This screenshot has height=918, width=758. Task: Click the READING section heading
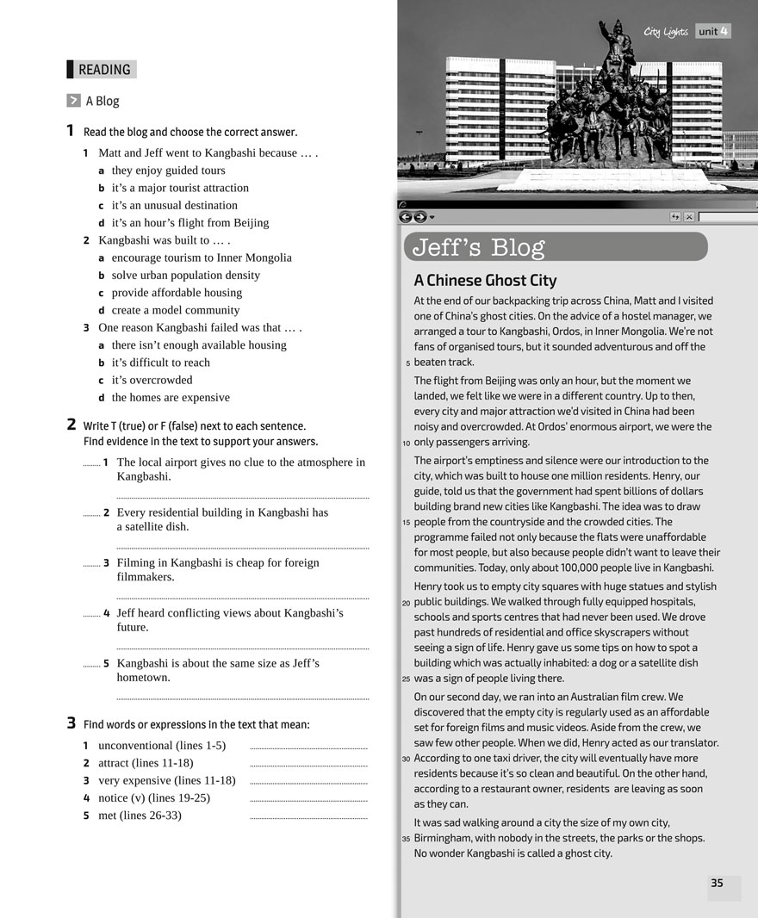pos(103,70)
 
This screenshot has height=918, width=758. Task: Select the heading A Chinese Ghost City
pos(485,280)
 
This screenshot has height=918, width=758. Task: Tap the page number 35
pos(717,883)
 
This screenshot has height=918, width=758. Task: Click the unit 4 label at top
pos(713,32)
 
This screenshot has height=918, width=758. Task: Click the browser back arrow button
pos(406,217)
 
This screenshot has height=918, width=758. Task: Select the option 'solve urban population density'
pos(185,275)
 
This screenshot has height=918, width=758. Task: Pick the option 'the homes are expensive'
pos(171,397)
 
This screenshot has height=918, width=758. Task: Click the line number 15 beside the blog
pos(406,522)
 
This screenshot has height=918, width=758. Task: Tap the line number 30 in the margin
pos(406,759)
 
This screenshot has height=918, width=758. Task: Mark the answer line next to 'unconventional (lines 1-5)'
pos(308,747)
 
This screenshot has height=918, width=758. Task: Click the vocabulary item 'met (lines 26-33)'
pos(140,815)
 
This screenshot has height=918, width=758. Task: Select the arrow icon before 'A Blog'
pos(73,101)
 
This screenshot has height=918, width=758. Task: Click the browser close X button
pos(689,217)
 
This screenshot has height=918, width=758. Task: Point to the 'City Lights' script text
pos(666,32)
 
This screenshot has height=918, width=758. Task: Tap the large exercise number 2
pos(71,425)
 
